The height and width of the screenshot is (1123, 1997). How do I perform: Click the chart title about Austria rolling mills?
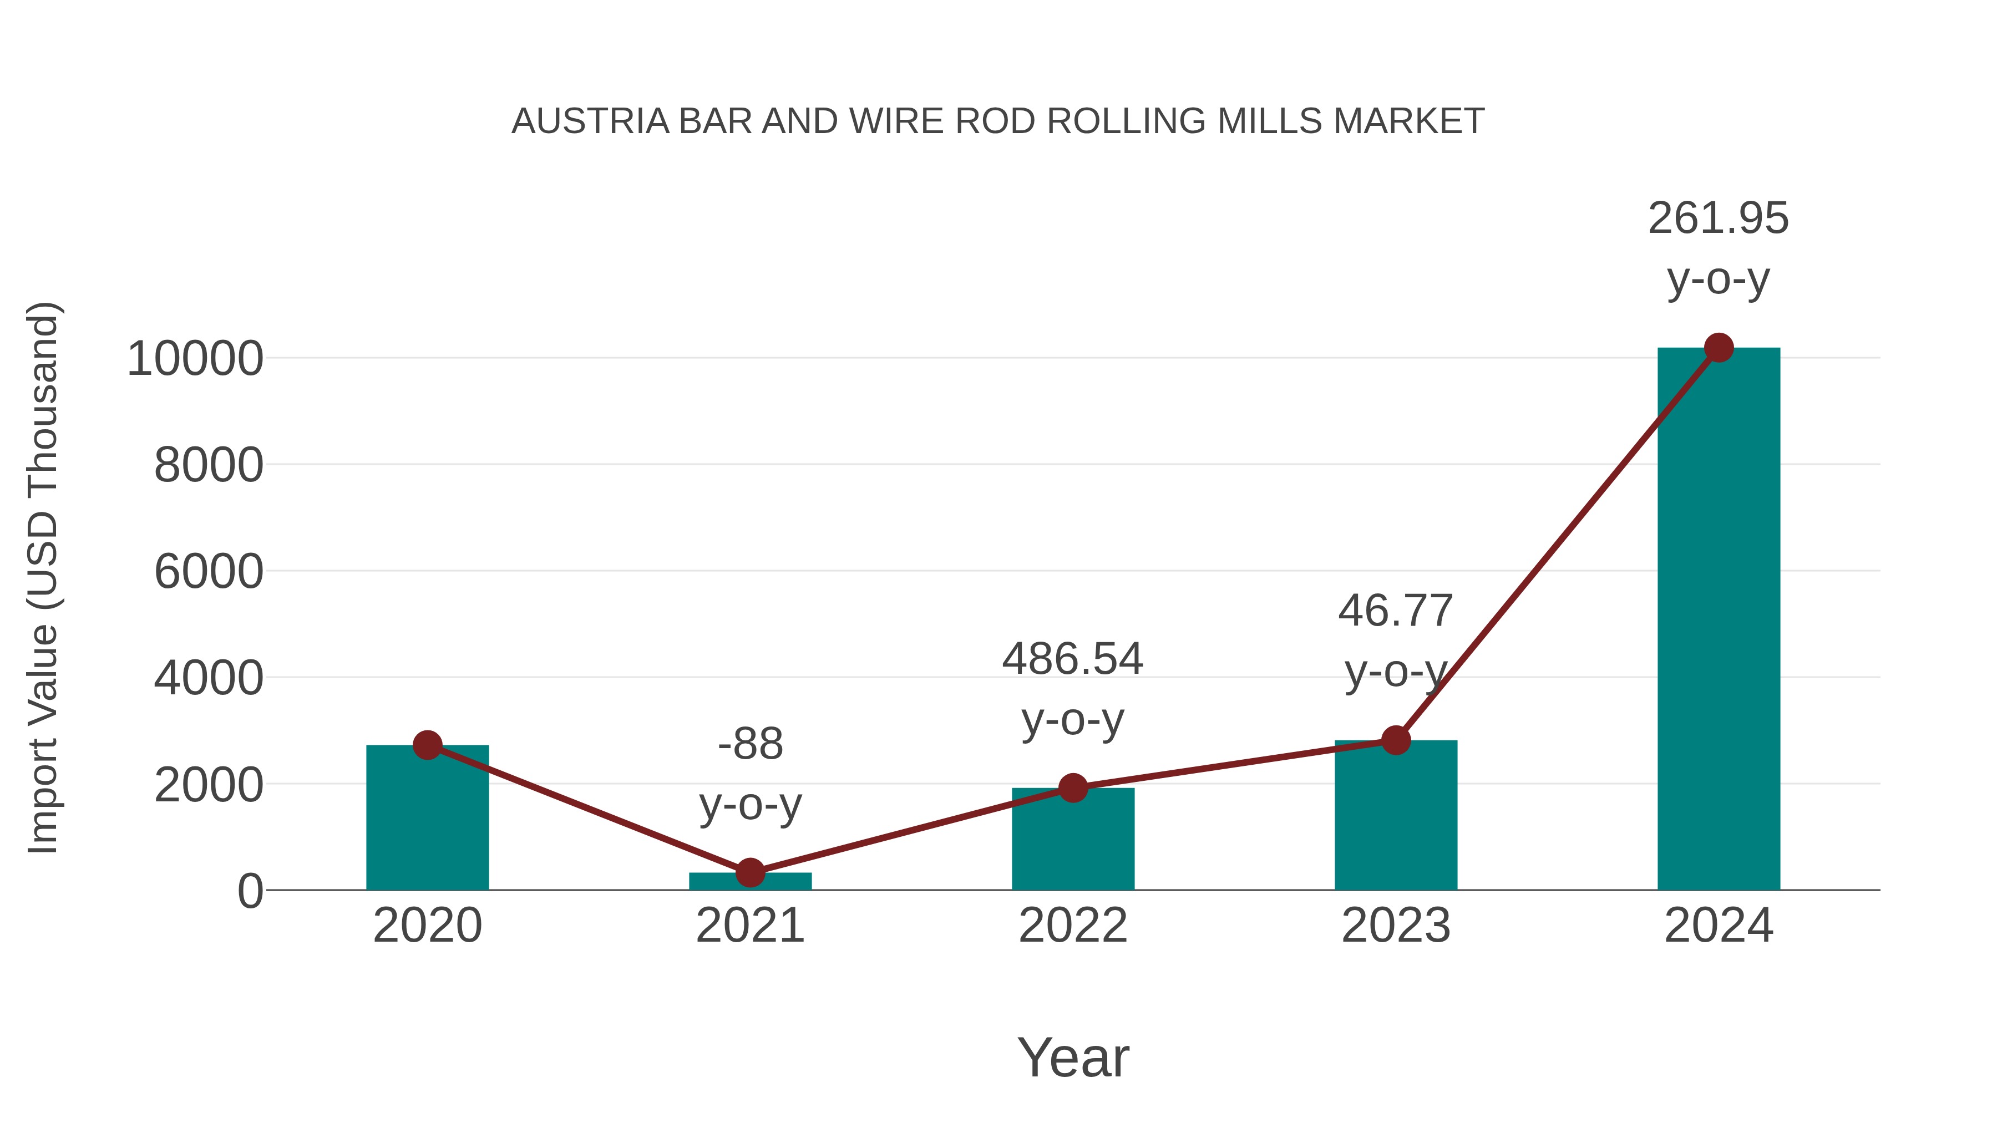click(x=998, y=121)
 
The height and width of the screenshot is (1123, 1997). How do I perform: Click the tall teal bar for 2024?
click(x=1719, y=620)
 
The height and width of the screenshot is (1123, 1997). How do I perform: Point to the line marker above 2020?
click(x=427, y=745)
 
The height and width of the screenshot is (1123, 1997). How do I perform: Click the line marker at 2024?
click(x=1719, y=348)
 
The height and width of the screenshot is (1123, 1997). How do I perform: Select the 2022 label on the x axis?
click(x=1073, y=926)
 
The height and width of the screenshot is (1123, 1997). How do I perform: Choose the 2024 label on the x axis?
click(x=1719, y=926)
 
